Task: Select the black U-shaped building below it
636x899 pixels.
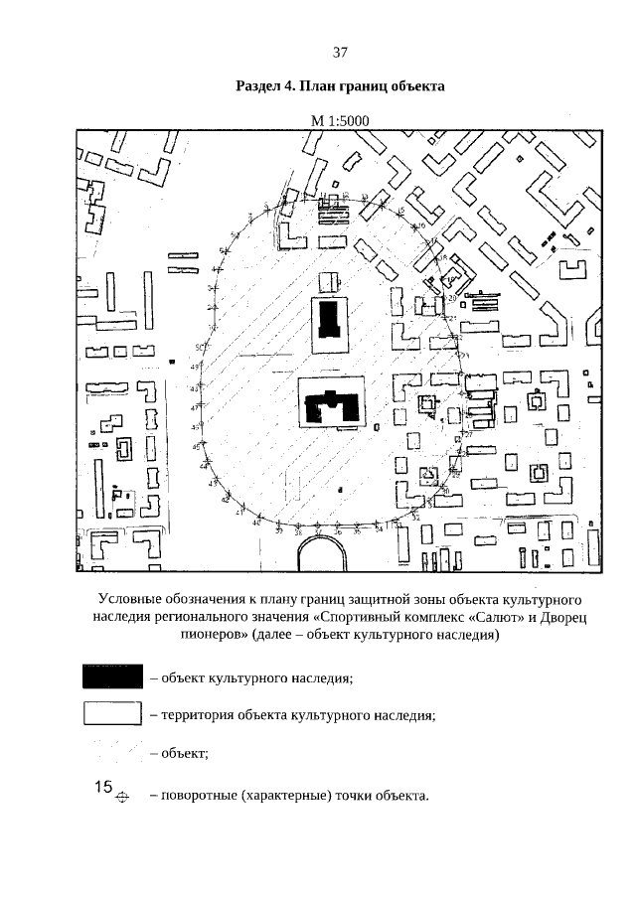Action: (x=332, y=406)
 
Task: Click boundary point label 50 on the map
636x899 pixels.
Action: (x=199, y=347)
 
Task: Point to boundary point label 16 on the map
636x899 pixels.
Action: (x=421, y=226)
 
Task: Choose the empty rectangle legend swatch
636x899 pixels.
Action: (x=112, y=714)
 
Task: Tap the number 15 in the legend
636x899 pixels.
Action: (x=103, y=787)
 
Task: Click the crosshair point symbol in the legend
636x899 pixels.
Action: (x=123, y=797)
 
